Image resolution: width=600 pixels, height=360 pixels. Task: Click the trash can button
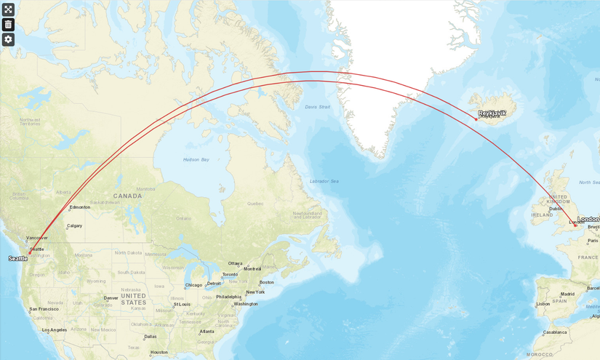(x=8, y=24)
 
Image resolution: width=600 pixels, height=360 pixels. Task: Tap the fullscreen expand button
(x=8, y=9)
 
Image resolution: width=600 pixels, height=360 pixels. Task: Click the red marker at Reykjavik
(x=476, y=119)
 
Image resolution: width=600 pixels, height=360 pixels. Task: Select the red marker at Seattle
(x=30, y=253)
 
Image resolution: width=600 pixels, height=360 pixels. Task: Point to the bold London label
(x=588, y=219)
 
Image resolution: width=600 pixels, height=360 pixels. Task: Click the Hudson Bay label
(x=196, y=159)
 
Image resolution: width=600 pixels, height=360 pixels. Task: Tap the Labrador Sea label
(x=324, y=180)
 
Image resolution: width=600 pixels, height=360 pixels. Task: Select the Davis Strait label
(x=318, y=107)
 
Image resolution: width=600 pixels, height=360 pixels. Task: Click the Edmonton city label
(x=80, y=207)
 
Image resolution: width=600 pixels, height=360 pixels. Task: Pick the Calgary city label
(x=74, y=225)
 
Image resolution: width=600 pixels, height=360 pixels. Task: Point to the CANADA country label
(x=127, y=196)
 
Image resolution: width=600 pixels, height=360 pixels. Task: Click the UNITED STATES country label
(x=134, y=299)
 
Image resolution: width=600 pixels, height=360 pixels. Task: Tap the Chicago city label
(x=193, y=285)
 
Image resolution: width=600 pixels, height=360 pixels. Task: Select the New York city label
(x=255, y=292)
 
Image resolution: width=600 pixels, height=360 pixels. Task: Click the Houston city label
(x=159, y=352)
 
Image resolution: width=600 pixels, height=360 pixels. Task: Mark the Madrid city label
(x=568, y=294)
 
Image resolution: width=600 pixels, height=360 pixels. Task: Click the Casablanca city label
(x=555, y=332)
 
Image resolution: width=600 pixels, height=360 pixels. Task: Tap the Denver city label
(x=111, y=298)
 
